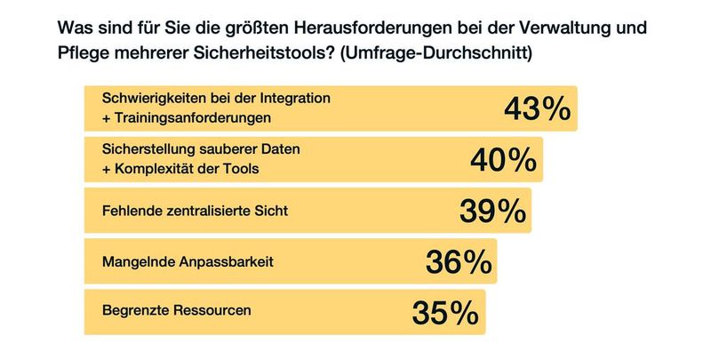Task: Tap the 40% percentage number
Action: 502,160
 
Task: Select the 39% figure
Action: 492,211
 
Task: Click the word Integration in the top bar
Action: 292,99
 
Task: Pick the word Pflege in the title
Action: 82,52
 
